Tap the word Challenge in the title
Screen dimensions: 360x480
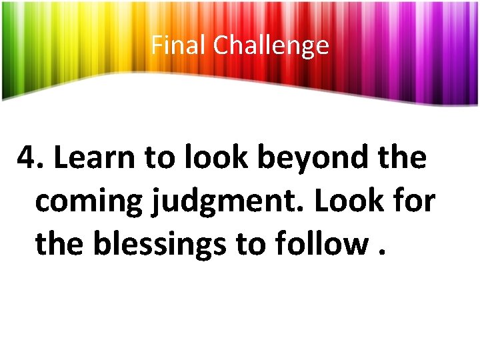[x=271, y=45]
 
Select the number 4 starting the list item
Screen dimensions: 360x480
[x=27, y=159]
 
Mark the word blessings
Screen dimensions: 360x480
[x=159, y=245]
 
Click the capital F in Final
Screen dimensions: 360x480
[x=156, y=45]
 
